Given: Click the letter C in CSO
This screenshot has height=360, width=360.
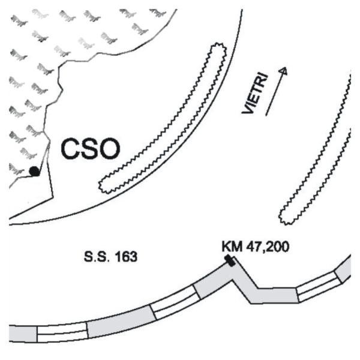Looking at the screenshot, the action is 70,149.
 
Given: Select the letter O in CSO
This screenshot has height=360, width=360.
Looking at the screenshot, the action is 110,149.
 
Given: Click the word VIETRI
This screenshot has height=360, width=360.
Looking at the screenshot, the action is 256,93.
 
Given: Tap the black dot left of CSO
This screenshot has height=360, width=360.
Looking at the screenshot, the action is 34,171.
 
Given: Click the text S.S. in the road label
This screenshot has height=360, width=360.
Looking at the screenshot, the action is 95,257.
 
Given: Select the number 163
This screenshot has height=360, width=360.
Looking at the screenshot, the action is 126,257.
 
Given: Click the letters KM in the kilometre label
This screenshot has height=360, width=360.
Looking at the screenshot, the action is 232,247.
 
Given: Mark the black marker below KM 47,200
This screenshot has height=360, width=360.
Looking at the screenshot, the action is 230,260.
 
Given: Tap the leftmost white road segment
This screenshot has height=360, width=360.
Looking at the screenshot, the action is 62,332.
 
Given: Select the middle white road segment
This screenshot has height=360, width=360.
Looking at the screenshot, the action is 175,302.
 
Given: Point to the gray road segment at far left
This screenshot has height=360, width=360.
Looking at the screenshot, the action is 23,334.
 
